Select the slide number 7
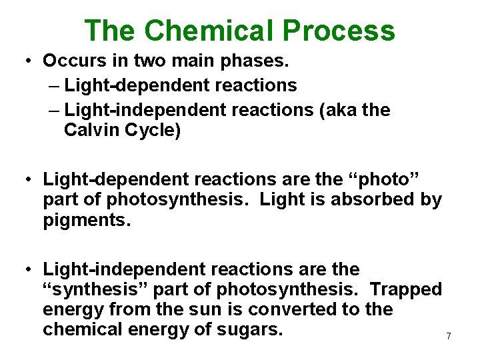(x=449, y=337)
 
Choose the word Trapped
(x=405, y=290)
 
